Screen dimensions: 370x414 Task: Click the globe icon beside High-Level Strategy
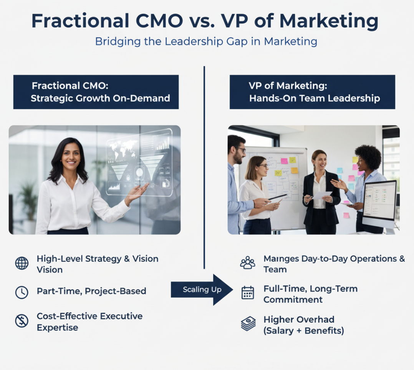[22, 263]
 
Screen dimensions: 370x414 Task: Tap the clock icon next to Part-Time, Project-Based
[22, 292]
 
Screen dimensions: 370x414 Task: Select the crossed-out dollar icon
[22, 320]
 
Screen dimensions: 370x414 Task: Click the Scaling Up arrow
[202, 290]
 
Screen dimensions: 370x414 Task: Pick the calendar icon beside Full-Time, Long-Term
[248, 292]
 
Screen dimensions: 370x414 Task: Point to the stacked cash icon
[248, 324]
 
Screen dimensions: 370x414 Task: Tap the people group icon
[248, 263]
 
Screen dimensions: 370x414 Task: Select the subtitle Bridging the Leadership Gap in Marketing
[206, 41]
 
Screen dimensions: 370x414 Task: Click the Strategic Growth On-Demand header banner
[96, 92]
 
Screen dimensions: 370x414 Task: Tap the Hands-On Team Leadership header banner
[312, 92]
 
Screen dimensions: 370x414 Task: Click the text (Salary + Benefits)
[303, 330]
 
